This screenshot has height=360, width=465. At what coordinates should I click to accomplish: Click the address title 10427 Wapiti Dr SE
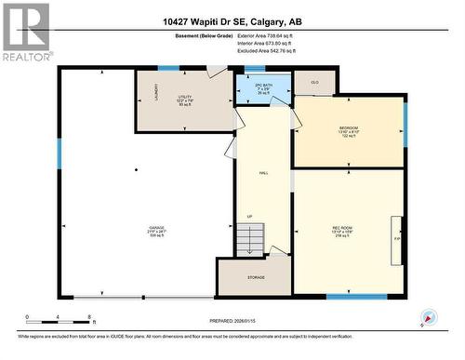click(232, 21)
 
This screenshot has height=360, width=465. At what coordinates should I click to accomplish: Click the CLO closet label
click(314, 83)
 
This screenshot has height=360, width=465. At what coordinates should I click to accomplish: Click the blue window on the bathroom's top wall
click(252, 69)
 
